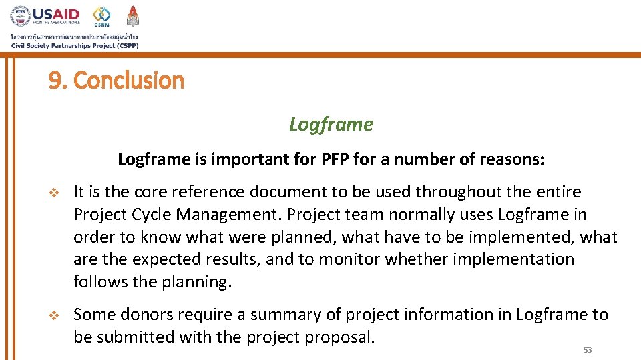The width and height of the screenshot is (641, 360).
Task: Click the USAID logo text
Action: pyautogui.click(x=56, y=14)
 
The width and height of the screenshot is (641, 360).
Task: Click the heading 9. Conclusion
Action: pyautogui.click(x=116, y=81)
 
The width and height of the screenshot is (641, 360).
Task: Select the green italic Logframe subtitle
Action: pyautogui.click(x=331, y=124)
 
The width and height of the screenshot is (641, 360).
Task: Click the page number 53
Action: pyautogui.click(x=588, y=350)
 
